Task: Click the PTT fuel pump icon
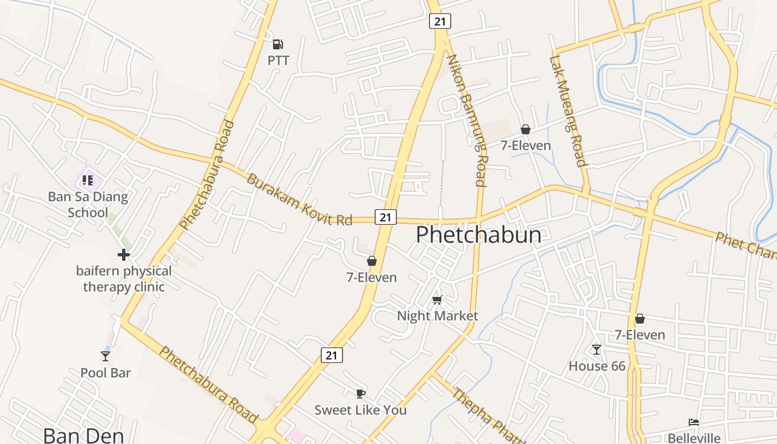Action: [278, 44]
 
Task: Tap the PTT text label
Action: [279, 60]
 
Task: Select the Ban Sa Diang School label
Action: [88, 204]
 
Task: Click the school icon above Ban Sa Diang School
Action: [88, 180]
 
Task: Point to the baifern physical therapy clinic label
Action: [124, 279]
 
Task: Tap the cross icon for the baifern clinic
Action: [124, 255]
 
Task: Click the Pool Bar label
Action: [105, 372]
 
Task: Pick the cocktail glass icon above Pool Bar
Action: [105, 356]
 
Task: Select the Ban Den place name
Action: [83, 435]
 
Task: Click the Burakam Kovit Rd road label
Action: [299, 200]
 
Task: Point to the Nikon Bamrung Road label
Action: [467, 120]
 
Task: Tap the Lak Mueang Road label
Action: [568, 111]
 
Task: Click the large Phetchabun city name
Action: [478, 235]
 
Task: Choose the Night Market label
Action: [437, 316]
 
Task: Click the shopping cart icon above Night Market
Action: [437, 300]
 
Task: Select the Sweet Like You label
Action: [361, 410]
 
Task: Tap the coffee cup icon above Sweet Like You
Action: [361, 393]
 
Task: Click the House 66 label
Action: [597, 366]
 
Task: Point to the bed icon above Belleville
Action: [694, 422]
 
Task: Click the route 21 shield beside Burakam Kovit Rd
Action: [386, 217]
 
